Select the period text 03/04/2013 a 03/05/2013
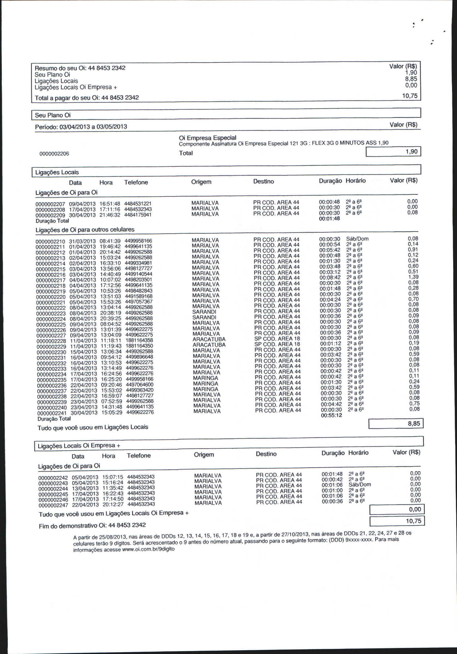click(93, 127)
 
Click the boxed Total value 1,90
click(393, 151)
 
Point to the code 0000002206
click(54, 154)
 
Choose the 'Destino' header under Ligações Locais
click(263, 182)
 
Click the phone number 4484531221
click(138, 204)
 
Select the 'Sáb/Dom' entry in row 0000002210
click(357, 239)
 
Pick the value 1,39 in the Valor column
click(413, 277)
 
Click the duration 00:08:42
click(330, 278)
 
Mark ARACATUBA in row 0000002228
click(209, 340)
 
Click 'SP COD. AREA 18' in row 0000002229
click(277, 344)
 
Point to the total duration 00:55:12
click(331, 416)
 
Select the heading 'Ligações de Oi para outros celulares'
click(84, 230)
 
